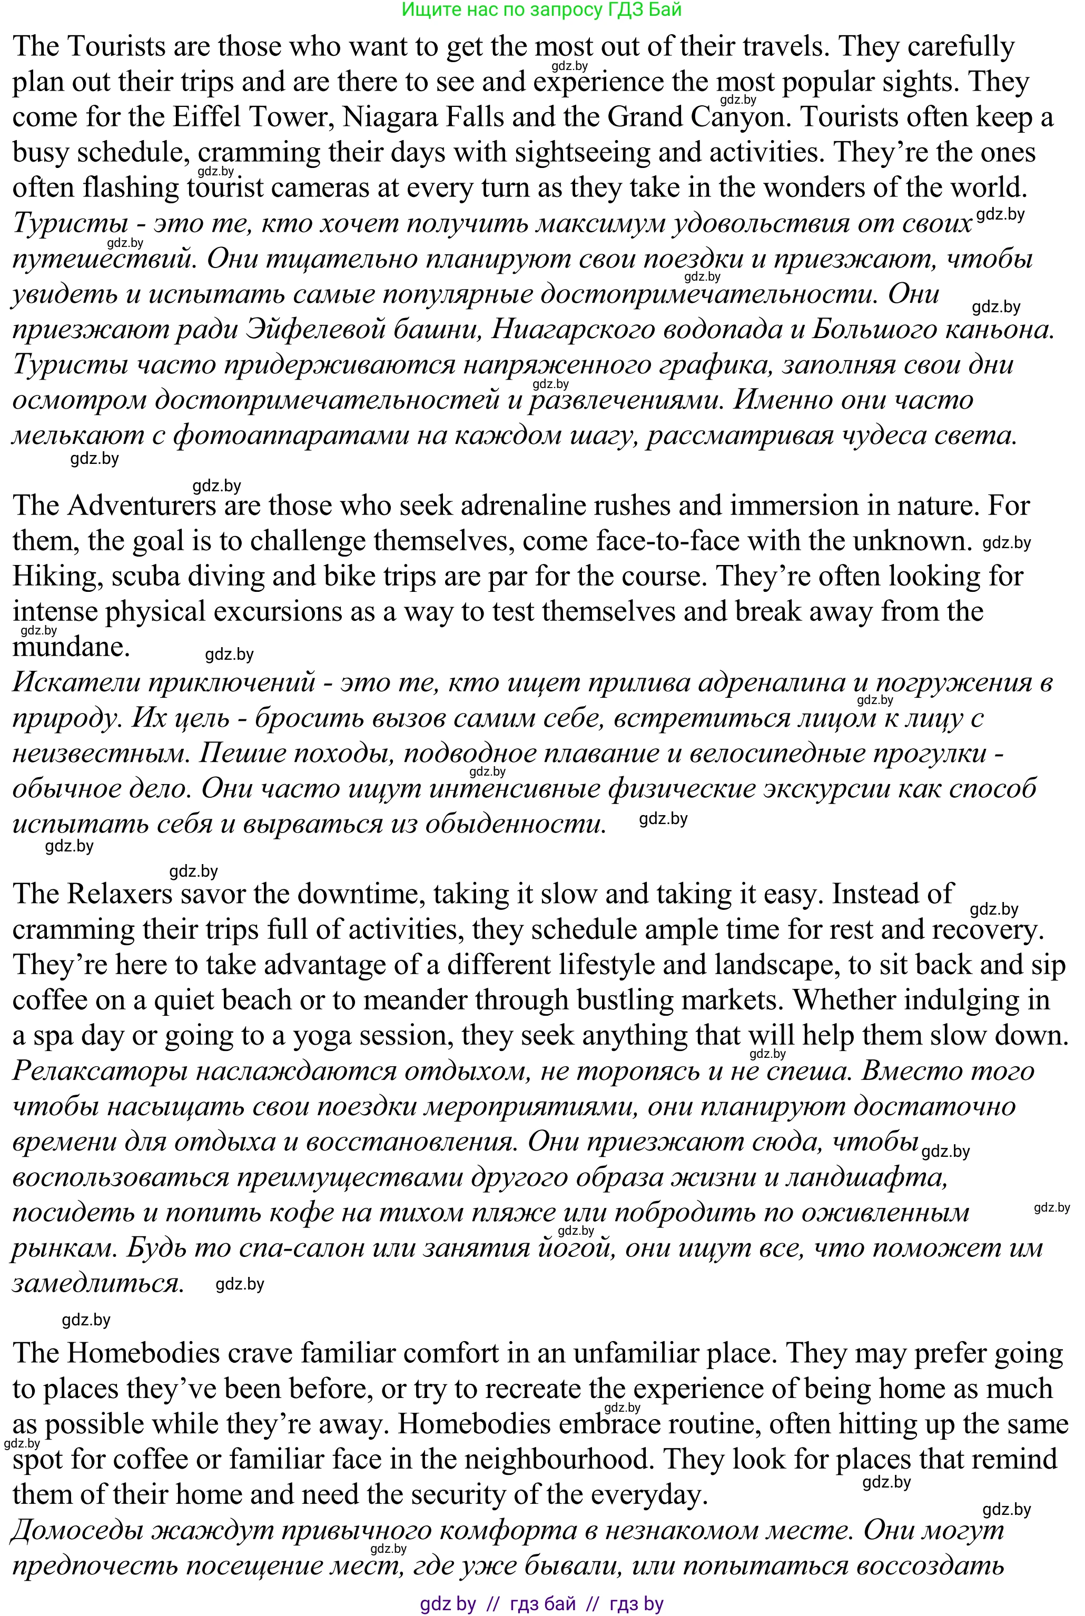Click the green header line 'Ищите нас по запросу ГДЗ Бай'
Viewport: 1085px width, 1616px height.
(542, 9)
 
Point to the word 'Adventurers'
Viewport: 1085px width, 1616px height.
(142, 505)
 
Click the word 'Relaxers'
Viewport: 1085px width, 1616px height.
(121, 894)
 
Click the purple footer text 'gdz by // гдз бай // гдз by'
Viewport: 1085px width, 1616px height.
(542, 1603)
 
